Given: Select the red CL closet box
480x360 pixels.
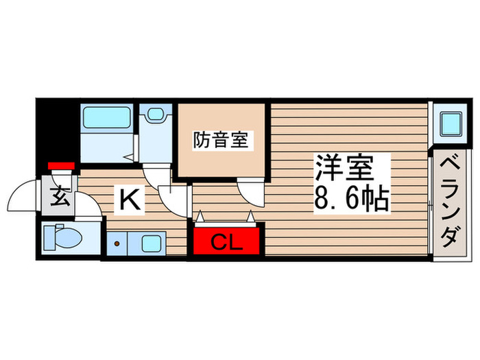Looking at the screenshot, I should pyautogui.click(x=227, y=241).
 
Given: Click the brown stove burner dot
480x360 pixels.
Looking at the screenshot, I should pyautogui.click(x=117, y=243).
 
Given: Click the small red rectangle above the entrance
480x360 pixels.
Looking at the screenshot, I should pyautogui.click(x=60, y=165).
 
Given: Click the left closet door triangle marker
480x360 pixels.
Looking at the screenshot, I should pyautogui.click(x=200, y=217).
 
